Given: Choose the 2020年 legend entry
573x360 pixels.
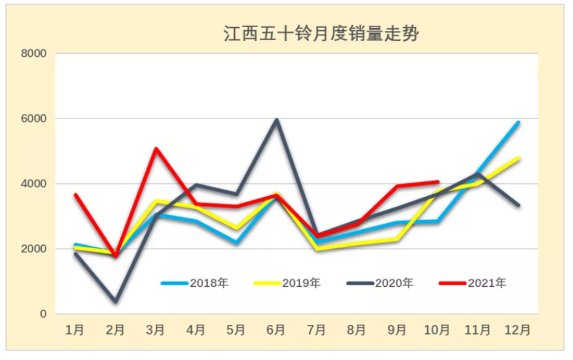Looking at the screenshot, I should pos(394,283).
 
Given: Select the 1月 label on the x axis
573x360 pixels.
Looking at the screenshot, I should pos(75,330).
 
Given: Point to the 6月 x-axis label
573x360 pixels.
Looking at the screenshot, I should pos(276,330).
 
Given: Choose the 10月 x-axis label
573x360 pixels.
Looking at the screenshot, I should pos(437,330).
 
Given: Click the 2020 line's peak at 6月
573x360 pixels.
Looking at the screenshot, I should pos(277,120).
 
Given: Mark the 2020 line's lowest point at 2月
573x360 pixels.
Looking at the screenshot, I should pos(115,301).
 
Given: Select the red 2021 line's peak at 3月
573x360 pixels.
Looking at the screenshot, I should pos(156,148).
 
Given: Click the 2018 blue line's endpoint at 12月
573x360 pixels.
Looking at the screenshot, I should pos(518,122).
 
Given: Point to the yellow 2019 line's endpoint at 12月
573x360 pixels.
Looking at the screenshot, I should pos(518,159).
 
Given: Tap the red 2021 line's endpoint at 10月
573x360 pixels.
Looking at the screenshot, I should pos(437,182).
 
